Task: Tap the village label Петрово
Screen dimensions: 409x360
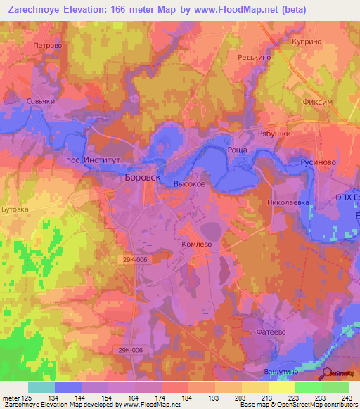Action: pyautogui.click(x=48, y=45)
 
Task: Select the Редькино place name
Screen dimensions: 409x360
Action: pyautogui.click(x=255, y=58)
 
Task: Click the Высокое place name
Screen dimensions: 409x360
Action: pyautogui.click(x=188, y=183)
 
